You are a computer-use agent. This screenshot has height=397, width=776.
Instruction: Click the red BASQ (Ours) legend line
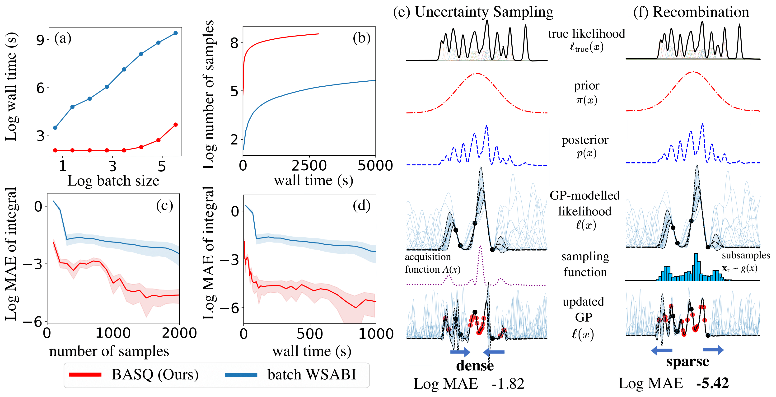point(85,375)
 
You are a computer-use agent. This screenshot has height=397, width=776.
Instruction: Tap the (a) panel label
point(63,38)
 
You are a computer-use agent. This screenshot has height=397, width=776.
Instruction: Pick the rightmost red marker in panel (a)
point(176,125)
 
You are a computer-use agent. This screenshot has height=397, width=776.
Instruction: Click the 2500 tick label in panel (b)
point(309,165)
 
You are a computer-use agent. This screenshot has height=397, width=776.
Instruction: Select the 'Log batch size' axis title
point(113,181)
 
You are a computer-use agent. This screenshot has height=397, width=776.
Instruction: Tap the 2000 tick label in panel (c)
point(179,333)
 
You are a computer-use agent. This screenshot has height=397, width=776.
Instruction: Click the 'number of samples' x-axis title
point(109,351)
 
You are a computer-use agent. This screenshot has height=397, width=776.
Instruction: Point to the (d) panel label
point(361,206)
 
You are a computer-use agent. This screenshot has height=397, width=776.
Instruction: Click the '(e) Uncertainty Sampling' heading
point(473,12)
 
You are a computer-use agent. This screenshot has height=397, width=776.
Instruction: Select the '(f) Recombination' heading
point(691,12)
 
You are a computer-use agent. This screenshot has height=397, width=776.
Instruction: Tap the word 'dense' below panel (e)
point(475,365)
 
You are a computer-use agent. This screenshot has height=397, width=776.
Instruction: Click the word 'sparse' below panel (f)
point(687,361)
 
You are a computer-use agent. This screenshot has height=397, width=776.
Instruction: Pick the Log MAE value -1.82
point(508,384)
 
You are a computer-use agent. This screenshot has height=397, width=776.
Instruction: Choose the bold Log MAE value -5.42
point(712,383)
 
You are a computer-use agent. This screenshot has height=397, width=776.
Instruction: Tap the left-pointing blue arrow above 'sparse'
point(662,350)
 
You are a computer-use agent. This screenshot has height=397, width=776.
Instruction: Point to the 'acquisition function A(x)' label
point(433,263)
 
